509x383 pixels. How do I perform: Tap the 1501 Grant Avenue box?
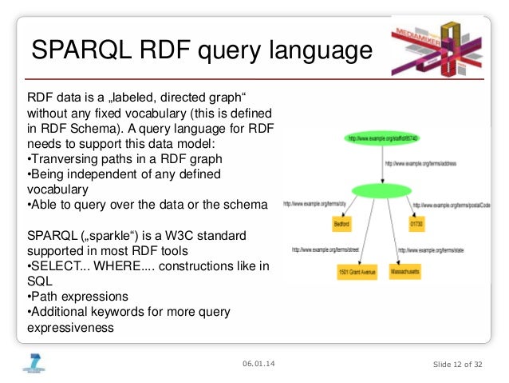356,273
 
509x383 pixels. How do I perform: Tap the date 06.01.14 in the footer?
261,365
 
